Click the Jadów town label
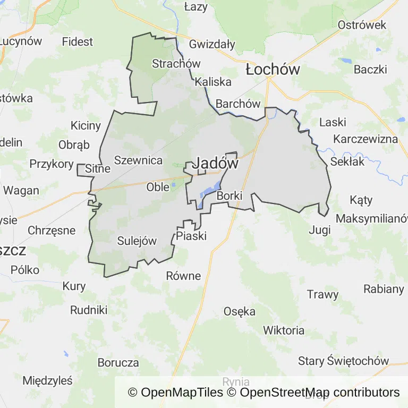pyautogui.click(x=215, y=164)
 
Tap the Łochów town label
pyautogui.click(x=273, y=70)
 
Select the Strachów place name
pyautogui.click(x=176, y=64)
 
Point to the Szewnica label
pyautogui.click(x=138, y=160)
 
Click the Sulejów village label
pyautogui.click(x=137, y=241)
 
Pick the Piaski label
pyautogui.click(x=191, y=236)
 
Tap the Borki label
pyautogui.click(x=229, y=196)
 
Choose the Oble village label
pyautogui.click(x=158, y=187)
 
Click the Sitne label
pyautogui.click(x=98, y=169)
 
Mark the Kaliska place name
pyautogui.click(x=213, y=82)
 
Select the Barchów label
pyautogui.click(x=238, y=104)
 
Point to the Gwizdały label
pyautogui.click(x=212, y=44)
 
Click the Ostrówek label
pyautogui.click(x=362, y=25)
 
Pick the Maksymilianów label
pyautogui.click(x=372, y=218)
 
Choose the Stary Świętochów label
pyautogui.click(x=343, y=361)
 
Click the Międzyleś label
pyautogui.click(x=47, y=380)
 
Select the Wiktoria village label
pyautogui.click(x=284, y=330)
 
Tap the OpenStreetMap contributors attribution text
pyautogui.click(x=320, y=393)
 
